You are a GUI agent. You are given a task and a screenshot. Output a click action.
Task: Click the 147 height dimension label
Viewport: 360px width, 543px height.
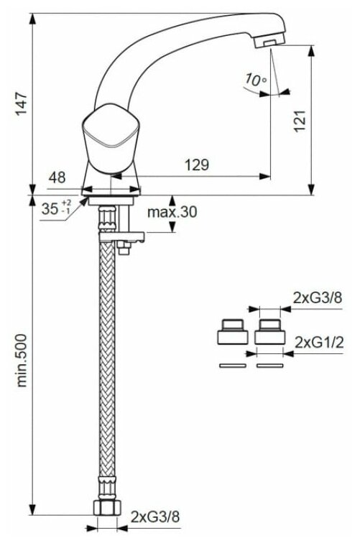pos(22,103)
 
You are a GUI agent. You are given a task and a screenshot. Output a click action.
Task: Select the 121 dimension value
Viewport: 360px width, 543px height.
pos(300,121)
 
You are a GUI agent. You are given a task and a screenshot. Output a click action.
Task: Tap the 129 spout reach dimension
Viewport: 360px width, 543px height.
pos(197,165)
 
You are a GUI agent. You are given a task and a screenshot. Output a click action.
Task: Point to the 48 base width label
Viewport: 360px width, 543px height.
pos(57,177)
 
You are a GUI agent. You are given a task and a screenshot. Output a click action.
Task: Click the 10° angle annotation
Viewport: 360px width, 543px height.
pos(256,80)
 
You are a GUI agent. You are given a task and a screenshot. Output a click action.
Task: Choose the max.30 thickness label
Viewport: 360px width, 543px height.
pos(172,212)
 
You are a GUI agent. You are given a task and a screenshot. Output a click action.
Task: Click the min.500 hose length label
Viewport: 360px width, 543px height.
pos(22,360)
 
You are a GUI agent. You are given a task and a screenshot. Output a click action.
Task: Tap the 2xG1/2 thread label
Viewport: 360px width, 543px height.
pos(319,343)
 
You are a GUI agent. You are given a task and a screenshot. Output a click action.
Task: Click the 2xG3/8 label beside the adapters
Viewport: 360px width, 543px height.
pos(318,297)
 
